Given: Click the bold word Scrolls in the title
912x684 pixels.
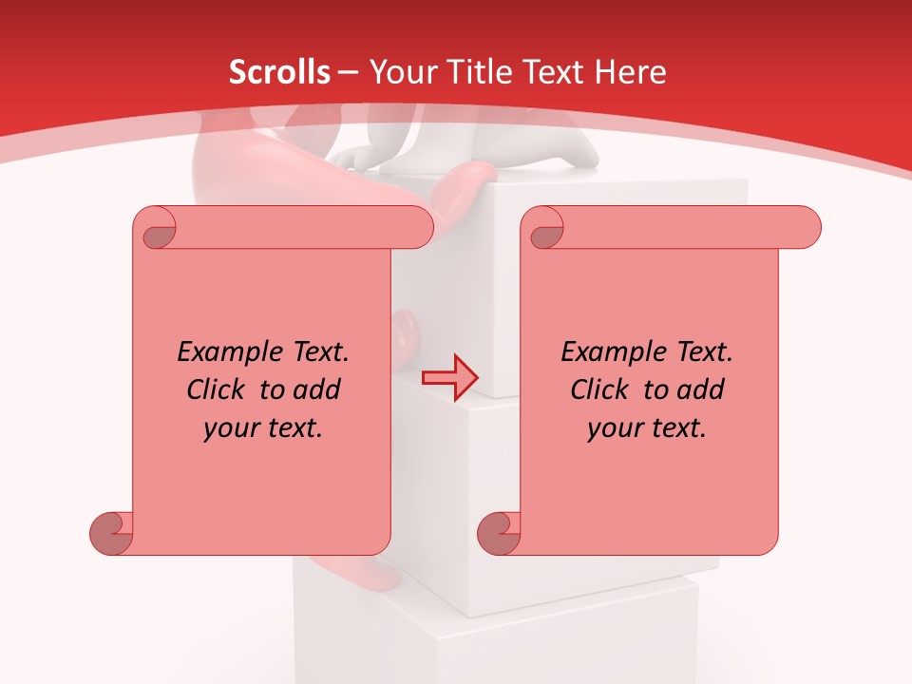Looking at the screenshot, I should pyautogui.click(x=279, y=72).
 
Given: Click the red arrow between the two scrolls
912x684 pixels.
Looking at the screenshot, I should pyautogui.click(x=449, y=378).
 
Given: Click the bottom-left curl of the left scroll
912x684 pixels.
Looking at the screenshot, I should pyautogui.click(x=111, y=532).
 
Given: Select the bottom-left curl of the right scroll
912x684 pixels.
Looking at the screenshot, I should pyautogui.click(x=499, y=532).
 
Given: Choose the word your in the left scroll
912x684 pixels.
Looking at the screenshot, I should pyautogui.click(x=228, y=428).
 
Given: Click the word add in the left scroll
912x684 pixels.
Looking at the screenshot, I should pyautogui.click(x=317, y=390).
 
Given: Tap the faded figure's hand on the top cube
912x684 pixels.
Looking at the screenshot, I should pyautogui.click(x=356, y=158).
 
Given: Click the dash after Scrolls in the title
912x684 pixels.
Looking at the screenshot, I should pyautogui.click(x=349, y=72).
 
